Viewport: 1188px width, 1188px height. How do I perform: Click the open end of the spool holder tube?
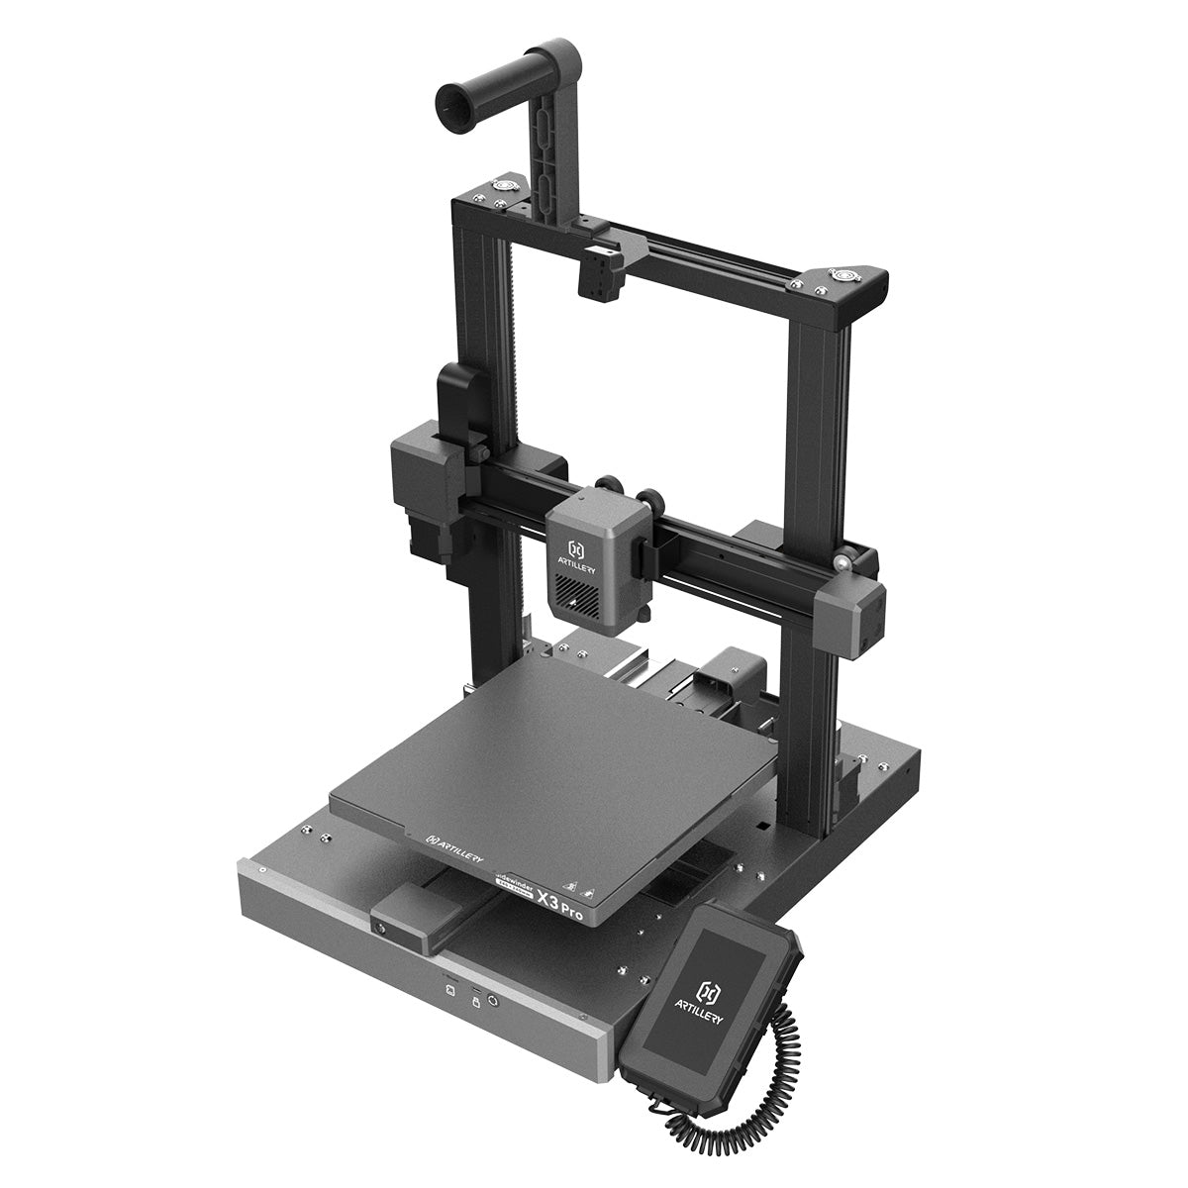451,99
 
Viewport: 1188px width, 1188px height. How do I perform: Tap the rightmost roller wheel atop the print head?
653,499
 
